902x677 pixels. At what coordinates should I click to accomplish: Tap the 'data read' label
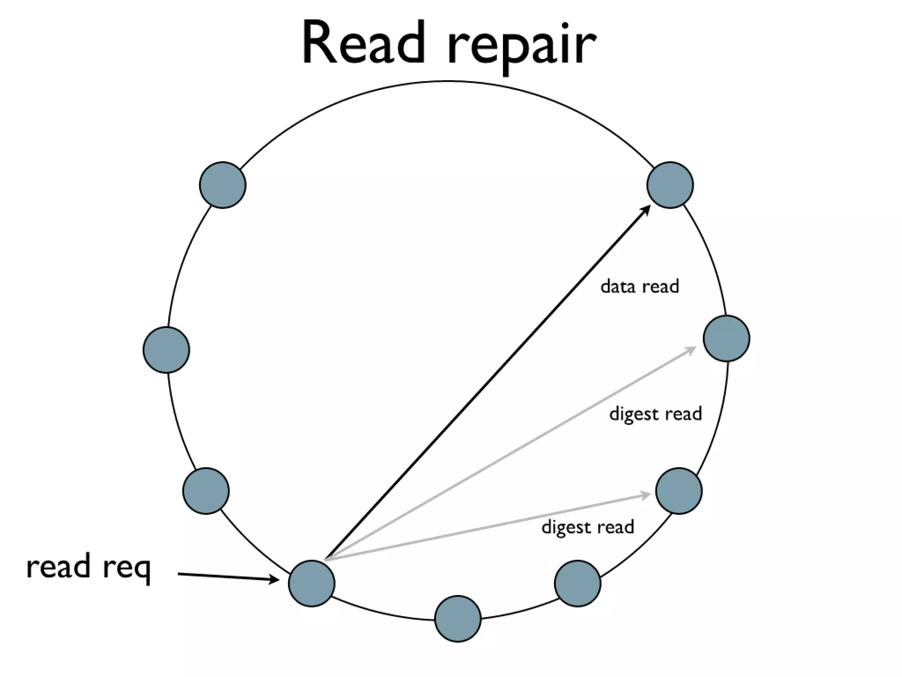[x=640, y=287]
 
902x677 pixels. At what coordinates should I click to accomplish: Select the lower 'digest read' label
[x=588, y=527]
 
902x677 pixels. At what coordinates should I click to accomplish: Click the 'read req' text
[x=89, y=567]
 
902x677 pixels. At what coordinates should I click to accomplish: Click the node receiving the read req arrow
[x=311, y=584]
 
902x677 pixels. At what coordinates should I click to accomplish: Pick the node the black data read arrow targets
[x=670, y=185]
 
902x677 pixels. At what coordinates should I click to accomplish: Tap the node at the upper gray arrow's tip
[x=726, y=338]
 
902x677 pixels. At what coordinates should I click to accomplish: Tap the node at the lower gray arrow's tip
[x=679, y=491]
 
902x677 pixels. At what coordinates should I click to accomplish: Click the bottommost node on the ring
[x=458, y=619]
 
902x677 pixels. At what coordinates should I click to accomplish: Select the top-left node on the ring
[x=222, y=185]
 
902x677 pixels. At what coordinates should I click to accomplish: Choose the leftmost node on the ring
[x=166, y=350]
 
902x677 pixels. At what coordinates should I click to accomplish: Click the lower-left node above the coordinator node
[x=206, y=491]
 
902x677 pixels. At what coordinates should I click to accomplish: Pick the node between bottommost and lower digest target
[x=577, y=584]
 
